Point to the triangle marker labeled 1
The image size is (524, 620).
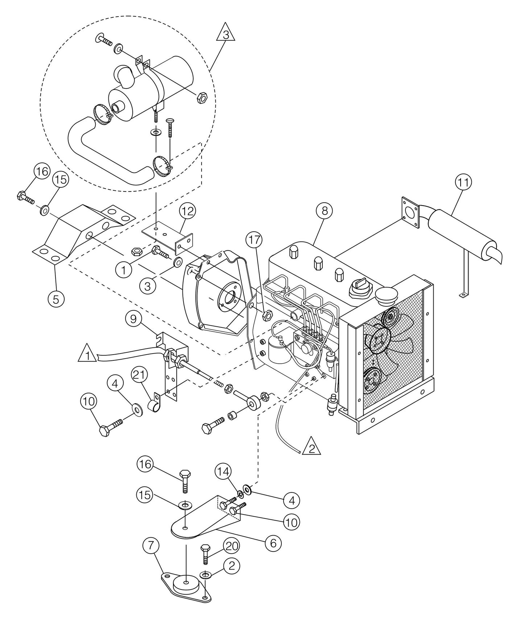(86, 354)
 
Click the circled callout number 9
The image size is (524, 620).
(134, 319)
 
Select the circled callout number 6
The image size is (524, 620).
(273, 543)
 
